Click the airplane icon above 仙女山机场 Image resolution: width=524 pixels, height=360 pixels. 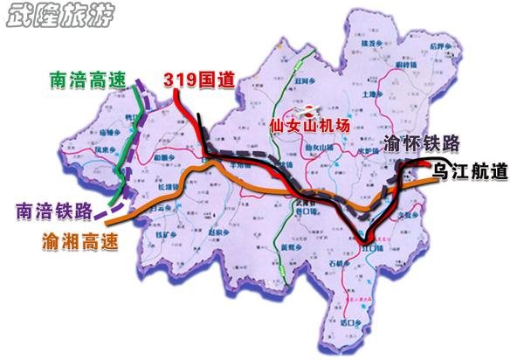pos(307,111)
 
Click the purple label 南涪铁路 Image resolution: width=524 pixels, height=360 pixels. pos(53,211)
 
